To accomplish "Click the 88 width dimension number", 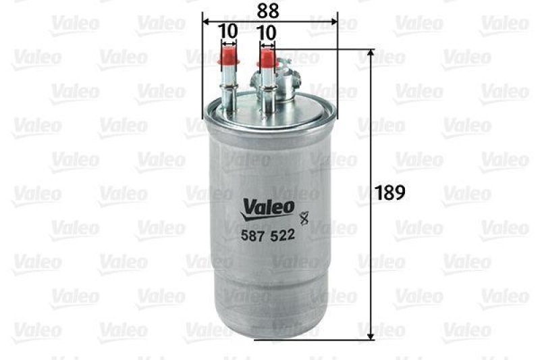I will click(268, 11).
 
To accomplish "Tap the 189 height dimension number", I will click(390, 192).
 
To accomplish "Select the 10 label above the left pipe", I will click(228, 31).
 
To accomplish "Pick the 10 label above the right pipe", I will click(267, 31).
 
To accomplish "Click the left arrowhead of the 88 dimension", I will click(205, 20).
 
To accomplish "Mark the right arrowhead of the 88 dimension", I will click(332, 20).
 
